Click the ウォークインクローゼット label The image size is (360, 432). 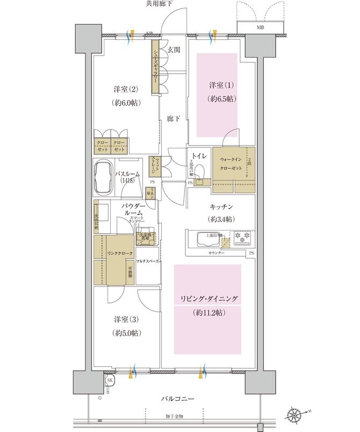[x=229, y=163]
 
